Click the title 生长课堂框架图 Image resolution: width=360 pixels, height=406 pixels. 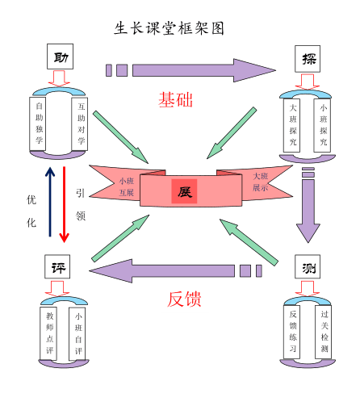tap(170, 27)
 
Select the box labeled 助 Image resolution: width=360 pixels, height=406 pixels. tap(61, 57)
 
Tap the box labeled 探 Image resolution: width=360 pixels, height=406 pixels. tap(308, 58)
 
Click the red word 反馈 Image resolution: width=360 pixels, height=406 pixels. tap(184, 298)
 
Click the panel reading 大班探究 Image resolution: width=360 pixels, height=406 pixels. tap(292, 125)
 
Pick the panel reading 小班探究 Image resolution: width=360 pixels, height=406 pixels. tap(324, 125)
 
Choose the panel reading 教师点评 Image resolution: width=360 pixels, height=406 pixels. tap(49, 333)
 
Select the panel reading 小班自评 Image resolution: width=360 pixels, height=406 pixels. tap(77, 333)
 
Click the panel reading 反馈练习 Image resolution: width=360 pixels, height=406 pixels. tap(293, 332)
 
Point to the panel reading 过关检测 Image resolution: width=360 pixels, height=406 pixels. tap(324, 332)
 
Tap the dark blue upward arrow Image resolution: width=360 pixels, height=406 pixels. tap(50, 203)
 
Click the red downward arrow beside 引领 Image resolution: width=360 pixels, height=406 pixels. tap(65, 203)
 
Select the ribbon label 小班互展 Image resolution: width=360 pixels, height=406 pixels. tap(126, 187)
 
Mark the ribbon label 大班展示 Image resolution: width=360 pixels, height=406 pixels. tap(261, 182)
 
